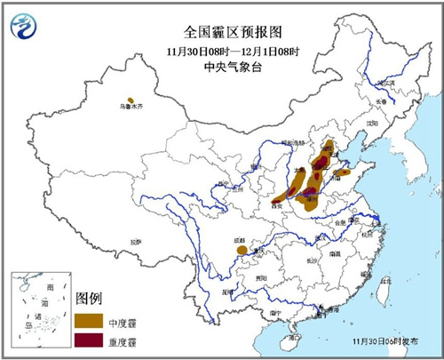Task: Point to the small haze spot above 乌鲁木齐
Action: pyautogui.click(x=131, y=100)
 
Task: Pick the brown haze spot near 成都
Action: pyautogui.click(x=242, y=252)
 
